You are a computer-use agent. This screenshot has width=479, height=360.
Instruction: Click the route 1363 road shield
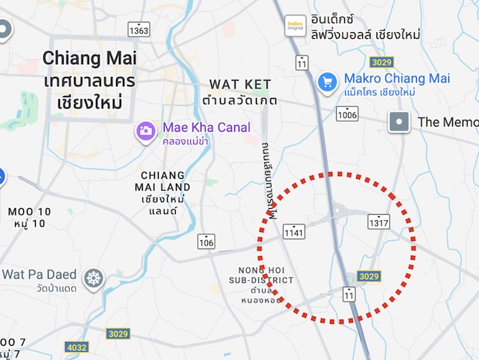138,30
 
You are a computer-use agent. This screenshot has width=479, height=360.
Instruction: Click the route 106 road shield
207,241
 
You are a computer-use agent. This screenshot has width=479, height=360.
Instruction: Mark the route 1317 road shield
379,222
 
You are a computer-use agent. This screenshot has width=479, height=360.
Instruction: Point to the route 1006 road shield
347,114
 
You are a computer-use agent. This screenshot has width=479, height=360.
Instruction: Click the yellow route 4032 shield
76,347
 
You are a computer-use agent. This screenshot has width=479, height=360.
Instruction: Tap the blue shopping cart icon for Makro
326,82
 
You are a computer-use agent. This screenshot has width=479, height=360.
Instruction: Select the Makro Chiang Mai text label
396,79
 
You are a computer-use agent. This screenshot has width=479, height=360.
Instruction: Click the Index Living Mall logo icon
296,25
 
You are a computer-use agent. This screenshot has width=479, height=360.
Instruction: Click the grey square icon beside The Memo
400,121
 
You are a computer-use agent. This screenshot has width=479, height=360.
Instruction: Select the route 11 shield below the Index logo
302,62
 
